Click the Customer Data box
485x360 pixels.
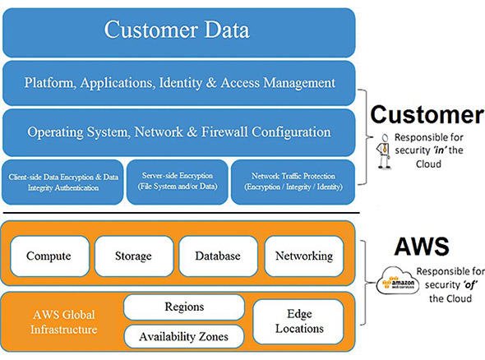coord(178,33)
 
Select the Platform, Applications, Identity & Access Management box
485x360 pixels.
coord(178,83)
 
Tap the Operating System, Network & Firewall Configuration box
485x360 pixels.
coord(178,132)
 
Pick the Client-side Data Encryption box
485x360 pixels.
coord(62,182)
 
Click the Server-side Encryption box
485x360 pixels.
coord(178,182)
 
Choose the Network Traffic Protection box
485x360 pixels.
coord(293,182)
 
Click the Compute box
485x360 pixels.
coord(49,256)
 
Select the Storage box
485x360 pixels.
coord(134,256)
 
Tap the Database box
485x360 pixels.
coord(218,256)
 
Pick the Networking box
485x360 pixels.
coord(304,256)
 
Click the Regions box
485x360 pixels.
coord(184,307)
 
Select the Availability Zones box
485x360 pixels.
coord(184,336)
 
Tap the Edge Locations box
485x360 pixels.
coord(298,321)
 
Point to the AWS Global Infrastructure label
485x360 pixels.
coord(64,322)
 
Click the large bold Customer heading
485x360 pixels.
coord(427,114)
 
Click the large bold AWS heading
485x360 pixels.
coord(422,247)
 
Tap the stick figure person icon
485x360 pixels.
coord(384,151)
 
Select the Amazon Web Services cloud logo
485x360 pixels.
coord(398,280)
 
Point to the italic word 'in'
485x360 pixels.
coord(439,150)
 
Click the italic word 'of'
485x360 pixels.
coord(469,284)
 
